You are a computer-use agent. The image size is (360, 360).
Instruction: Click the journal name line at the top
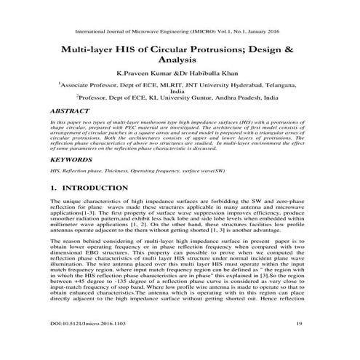pyautogui.click(x=179, y=32)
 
